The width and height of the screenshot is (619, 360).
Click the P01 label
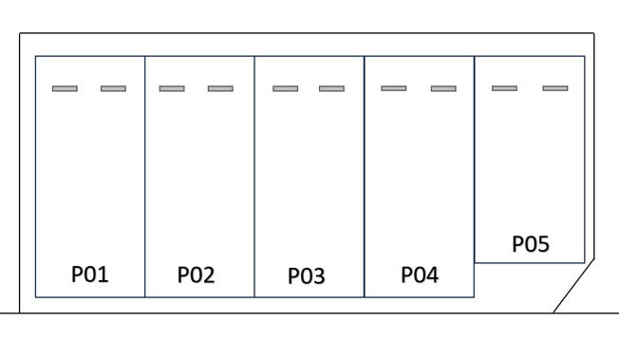click(90, 274)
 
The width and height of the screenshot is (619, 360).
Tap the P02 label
click(197, 275)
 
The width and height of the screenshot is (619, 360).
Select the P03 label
click(307, 275)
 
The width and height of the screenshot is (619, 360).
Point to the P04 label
click(420, 275)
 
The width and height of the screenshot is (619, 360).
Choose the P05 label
click(531, 244)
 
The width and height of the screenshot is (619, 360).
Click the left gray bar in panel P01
click(65, 88)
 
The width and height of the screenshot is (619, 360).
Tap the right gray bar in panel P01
click(113, 88)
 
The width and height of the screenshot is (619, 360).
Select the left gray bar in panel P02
click(172, 88)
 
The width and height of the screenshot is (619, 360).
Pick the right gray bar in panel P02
click(220, 88)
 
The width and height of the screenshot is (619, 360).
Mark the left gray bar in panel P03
click(286, 88)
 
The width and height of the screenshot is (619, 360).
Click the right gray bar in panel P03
click(331, 88)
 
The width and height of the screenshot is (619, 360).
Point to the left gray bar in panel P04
click(394, 88)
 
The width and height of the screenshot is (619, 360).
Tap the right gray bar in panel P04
click(443, 88)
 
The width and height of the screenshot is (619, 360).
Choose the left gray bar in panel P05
click(504, 88)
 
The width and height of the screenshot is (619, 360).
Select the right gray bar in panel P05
click(555, 88)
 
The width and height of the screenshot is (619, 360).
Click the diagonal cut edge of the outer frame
click(573, 286)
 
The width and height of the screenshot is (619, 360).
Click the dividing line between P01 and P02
click(145, 177)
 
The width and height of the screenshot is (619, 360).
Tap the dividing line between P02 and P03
click(254, 177)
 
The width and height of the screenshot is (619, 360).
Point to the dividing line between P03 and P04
click(365, 177)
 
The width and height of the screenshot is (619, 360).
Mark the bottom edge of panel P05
click(530, 262)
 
